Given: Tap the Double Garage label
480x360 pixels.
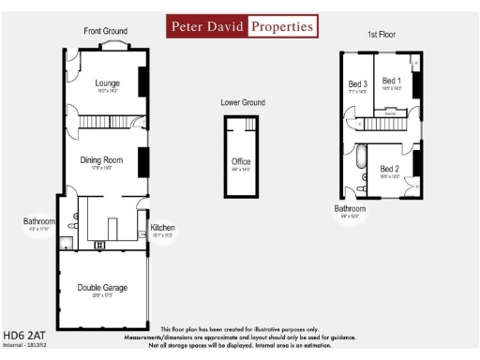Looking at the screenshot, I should [x=102, y=287].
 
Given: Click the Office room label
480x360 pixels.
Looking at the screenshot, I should [x=241, y=162].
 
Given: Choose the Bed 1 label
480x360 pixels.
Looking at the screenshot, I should [x=392, y=82].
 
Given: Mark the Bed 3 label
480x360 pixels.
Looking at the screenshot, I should [x=357, y=84].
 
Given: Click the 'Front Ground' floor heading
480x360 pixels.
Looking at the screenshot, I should [x=105, y=31].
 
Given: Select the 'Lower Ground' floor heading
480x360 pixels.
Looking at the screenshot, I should [x=243, y=102].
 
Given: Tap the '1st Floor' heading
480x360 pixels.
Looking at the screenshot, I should [x=382, y=34].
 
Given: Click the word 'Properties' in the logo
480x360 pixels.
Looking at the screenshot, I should [x=284, y=27].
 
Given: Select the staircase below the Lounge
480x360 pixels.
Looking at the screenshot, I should [x=102, y=122].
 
